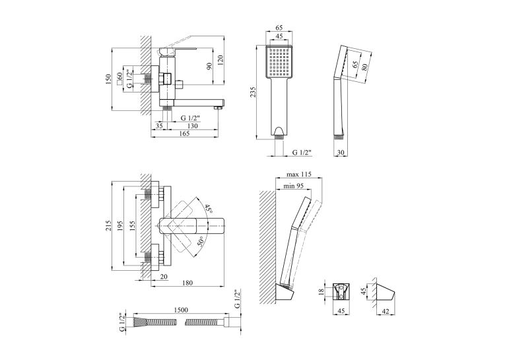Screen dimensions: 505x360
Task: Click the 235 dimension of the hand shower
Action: point(253,92)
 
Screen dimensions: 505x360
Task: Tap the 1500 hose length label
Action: point(181,310)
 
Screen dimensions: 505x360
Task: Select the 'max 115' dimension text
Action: point(299,174)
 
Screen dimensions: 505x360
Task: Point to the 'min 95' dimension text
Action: point(293,186)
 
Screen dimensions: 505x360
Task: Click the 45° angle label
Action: point(209,209)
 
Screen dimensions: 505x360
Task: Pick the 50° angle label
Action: point(200,241)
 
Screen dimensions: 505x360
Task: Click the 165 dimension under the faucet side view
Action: point(184,133)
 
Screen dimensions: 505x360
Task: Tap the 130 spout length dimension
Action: point(192,126)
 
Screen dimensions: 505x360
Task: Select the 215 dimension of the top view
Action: point(108,226)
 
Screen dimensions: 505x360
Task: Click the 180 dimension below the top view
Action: point(187,283)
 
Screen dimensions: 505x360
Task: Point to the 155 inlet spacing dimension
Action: point(133,227)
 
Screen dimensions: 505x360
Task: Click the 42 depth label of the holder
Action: point(386,311)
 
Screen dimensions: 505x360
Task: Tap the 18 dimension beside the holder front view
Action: point(320,292)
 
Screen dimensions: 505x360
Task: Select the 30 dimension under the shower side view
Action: point(341,153)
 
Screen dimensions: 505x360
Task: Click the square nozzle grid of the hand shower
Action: point(279,61)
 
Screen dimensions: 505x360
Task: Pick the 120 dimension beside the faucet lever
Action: point(220,60)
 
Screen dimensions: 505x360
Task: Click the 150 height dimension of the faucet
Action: point(108,79)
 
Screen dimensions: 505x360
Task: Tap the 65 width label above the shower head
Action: point(279,28)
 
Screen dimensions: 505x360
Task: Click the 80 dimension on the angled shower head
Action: point(364,67)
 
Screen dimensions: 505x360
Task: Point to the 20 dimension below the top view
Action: point(164,277)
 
